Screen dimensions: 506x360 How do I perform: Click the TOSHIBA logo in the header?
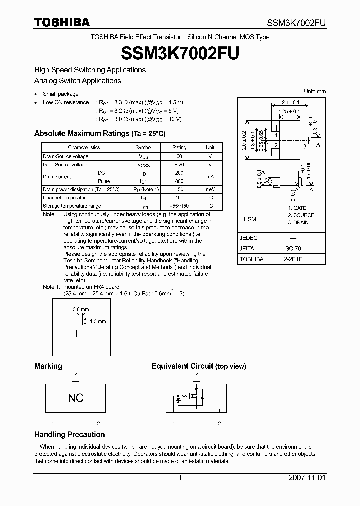coord(62,22)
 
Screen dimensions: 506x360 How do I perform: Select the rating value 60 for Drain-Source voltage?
coord(179,156)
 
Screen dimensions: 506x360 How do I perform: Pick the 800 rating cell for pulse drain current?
coord(179,181)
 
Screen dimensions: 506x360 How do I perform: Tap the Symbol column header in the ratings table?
coord(143,147)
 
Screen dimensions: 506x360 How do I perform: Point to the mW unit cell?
coord(210,190)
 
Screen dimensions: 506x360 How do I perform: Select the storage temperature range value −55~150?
coord(179,206)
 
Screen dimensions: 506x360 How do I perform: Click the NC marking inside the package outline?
coord(76,398)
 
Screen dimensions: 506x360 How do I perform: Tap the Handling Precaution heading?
coord(69,434)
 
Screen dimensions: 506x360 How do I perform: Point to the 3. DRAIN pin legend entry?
coord(298,223)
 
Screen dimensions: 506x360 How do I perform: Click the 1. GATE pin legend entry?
coord(297,208)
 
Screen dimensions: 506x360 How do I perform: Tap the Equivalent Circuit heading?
coord(199,366)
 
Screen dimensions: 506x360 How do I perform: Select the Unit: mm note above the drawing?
coord(315,91)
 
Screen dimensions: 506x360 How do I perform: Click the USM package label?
coord(250,219)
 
